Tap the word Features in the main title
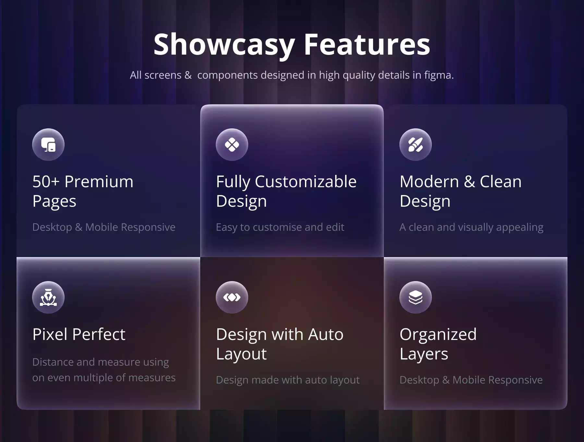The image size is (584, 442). coord(367,44)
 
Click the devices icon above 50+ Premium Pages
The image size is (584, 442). coord(48,145)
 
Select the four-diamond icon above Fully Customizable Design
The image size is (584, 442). coord(232,145)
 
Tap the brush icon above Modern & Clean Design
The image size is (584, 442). coord(416,145)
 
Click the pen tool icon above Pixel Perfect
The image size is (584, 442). coord(48,297)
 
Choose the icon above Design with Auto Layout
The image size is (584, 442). coord(232,297)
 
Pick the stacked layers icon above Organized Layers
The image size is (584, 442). coord(416,297)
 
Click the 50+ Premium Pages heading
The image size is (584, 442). coord(83,191)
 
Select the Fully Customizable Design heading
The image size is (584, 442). coord(286,191)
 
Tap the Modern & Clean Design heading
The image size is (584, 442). coord(461,191)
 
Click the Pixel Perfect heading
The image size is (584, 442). coord(79,334)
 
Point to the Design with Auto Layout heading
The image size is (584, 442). coord(280,344)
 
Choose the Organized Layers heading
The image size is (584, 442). coord(438,344)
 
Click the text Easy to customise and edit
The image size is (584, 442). coord(280,227)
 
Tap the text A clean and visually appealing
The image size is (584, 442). coord(471,227)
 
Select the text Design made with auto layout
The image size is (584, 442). coord(288,380)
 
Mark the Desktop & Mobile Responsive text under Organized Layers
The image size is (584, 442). coord(471,380)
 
